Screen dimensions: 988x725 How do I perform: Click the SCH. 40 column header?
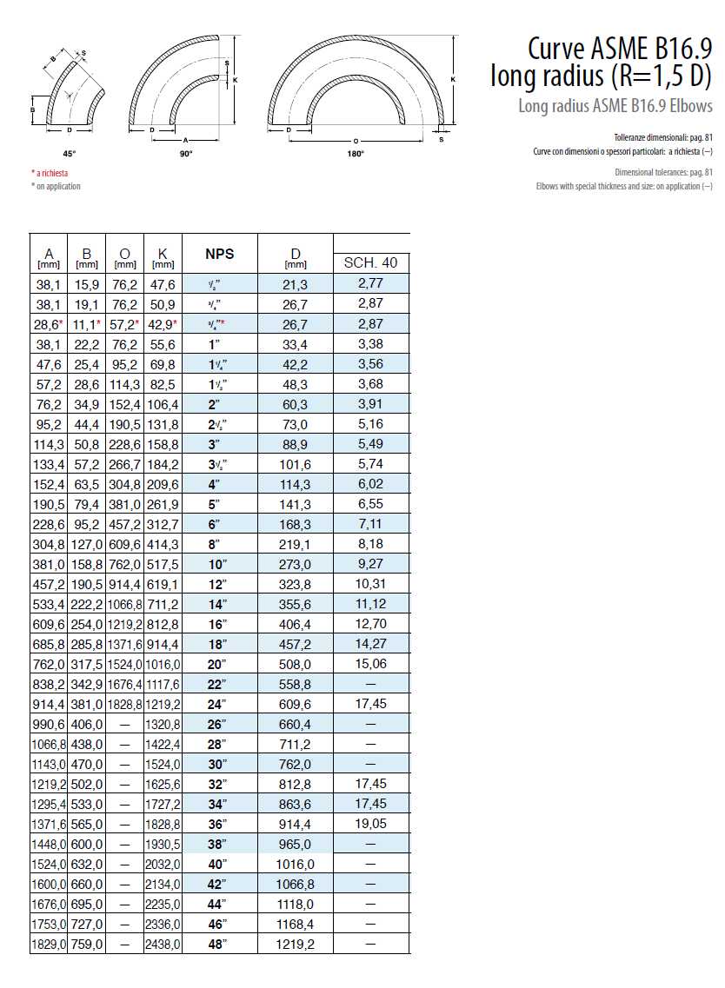pyautogui.click(x=371, y=262)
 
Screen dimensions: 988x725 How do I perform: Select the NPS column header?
pyautogui.click(x=219, y=254)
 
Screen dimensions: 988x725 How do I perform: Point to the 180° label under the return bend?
pyautogui.click(x=356, y=153)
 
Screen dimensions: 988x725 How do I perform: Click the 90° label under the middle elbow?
pyautogui.click(x=185, y=153)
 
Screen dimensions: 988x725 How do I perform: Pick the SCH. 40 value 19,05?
pyautogui.click(x=370, y=823)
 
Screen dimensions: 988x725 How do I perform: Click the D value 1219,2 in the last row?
pyautogui.click(x=296, y=943)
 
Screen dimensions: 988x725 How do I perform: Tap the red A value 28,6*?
pyautogui.click(x=48, y=324)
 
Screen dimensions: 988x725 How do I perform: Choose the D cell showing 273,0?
pyautogui.click(x=296, y=564)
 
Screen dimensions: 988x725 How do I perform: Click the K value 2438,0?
pyautogui.click(x=163, y=943)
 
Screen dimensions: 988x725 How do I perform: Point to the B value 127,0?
pyautogui.click(x=87, y=544)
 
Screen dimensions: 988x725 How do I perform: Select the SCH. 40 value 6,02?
pyautogui.click(x=370, y=484)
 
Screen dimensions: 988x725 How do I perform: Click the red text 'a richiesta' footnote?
pyautogui.click(x=52, y=173)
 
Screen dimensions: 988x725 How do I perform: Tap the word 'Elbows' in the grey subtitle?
pyautogui.click(x=692, y=107)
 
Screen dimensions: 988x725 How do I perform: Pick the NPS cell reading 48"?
pyautogui.click(x=219, y=943)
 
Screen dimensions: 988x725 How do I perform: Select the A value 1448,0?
pyautogui.click(x=49, y=843)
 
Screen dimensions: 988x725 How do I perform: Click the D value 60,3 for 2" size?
pyautogui.click(x=296, y=404)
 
